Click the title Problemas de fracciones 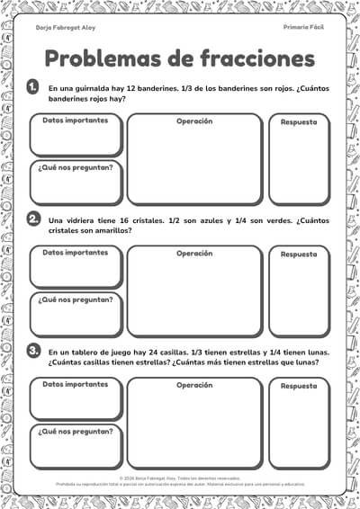click(x=180, y=58)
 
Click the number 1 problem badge click(x=33, y=87)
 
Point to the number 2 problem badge click(x=33, y=219)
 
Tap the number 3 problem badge click(x=33, y=350)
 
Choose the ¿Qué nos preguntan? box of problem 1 click(x=76, y=183)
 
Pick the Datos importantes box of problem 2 click(x=76, y=267)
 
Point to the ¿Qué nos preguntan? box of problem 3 click(x=76, y=445)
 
